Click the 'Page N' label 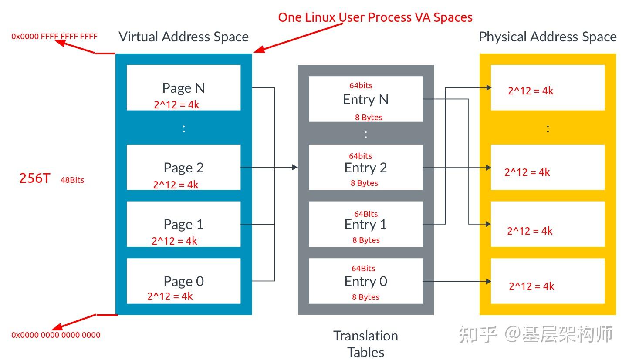pos(183,88)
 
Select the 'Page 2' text pos(183,168)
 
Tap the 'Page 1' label pos(183,225)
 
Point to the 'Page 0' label pos(184,282)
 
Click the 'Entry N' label pos(365,100)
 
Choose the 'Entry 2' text pos(365,168)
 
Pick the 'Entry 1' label pos(365,225)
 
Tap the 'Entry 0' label pos(365,282)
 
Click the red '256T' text pos(35,178)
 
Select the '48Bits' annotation pos(72,180)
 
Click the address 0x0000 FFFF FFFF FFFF pos(54,37)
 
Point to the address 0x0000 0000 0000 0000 pos(56,335)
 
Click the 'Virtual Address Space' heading pos(184,37)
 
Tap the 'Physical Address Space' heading pos(548,37)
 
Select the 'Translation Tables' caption pos(365,344)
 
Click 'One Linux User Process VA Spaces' pos(375,17)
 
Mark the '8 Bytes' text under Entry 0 pos(365,297)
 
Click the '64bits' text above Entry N pos(361,86)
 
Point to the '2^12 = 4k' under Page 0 pos(170,296)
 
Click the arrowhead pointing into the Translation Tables pos(295,168)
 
